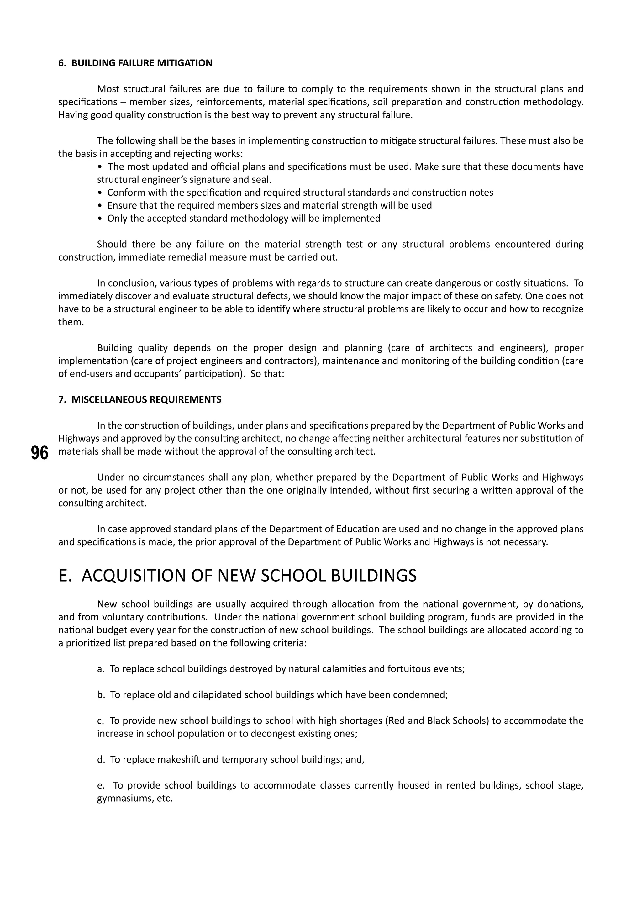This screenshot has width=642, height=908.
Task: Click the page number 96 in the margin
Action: click(x=39, y=453)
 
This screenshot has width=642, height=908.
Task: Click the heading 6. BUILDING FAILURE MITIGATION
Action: click(x=135, y=63)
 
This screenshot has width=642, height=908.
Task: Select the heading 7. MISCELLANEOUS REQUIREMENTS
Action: click(x=139, y=399)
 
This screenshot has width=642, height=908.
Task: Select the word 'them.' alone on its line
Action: click(x=71, y=322)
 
